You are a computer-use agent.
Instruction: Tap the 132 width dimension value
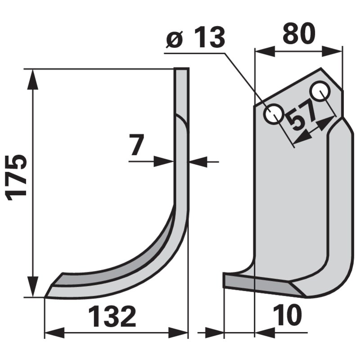[x=112, y=317]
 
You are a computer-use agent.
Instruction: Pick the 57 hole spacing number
[x=301, y=121]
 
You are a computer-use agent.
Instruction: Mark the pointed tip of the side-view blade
[x=46, y=296]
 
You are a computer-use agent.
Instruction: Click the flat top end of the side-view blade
[x=181, y=70]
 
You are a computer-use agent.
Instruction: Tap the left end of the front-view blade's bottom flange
[x=225, y=281]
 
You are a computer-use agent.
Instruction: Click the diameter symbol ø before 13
[x=173, y=39]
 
